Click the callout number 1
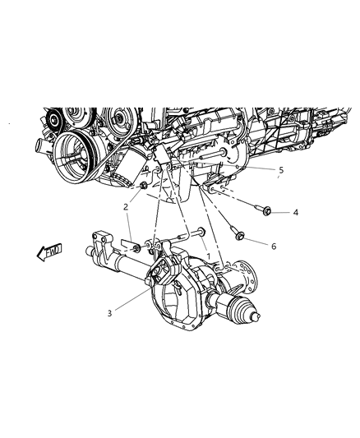pyautogui.click(x=208, y=256)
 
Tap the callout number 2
pyautogui.click(x=126, y=207)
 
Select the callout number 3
pyautogui.click(x=110, y=313)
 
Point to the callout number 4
pyautogui.click(x=296, y=213)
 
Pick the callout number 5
pyautogui.click(x=281, y=170)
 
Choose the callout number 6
pyautogui.click(x=274, y=246)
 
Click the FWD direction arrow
pyautogui.click(x=49, y=252)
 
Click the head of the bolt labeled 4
pyautogui.click(x=267, y=211)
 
